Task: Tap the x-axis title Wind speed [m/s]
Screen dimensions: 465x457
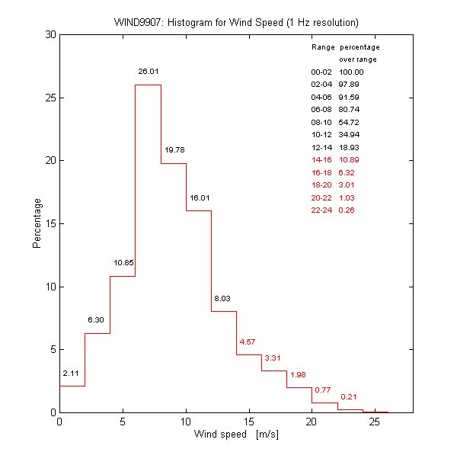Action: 236,435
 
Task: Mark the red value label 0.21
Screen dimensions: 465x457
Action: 349,396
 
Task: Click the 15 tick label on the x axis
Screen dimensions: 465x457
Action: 248,423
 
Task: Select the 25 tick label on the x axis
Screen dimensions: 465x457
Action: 375,423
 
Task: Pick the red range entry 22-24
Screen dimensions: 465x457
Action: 321,210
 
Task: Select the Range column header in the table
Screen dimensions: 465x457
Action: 323,47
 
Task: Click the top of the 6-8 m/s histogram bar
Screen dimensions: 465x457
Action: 148,85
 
